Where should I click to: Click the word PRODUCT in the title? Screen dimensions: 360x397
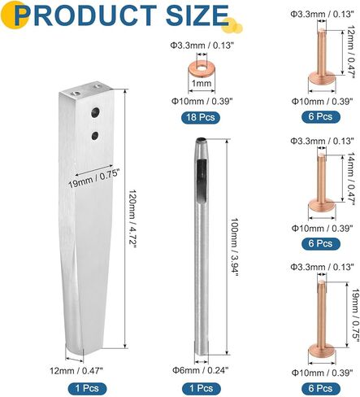86,15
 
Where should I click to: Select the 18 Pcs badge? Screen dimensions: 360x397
201,117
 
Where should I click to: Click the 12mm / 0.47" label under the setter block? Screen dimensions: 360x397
76,370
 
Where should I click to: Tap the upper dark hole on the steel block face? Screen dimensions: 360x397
95,112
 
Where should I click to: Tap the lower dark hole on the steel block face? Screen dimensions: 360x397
95,136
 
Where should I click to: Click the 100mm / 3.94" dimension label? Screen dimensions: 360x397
234,246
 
